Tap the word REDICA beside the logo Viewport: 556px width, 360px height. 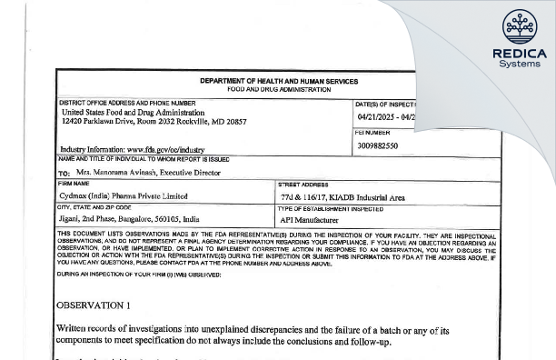click(520, 53)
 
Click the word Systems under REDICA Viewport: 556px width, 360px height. click(520, 65)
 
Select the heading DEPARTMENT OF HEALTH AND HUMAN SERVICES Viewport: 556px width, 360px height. click(277, 81)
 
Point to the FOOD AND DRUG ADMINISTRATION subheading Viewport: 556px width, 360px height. click(277, 89)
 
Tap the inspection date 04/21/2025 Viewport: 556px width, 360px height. click(380, 118)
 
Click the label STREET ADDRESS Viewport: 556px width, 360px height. click(305, 184)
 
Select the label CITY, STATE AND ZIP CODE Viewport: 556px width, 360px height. click(94, 208)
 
